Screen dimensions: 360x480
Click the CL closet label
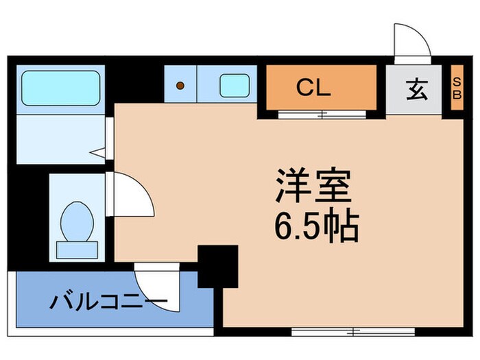click(313, 88)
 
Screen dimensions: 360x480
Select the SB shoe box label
click(456, 89)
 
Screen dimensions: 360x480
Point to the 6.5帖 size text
click(315, 227)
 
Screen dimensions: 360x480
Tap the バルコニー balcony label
click(108, 301)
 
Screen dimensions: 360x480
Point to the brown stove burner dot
click(180, 86)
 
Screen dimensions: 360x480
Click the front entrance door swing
click(411, 41)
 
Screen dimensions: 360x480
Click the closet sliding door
click(320, 114)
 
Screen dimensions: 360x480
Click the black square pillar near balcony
click(217, 265)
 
